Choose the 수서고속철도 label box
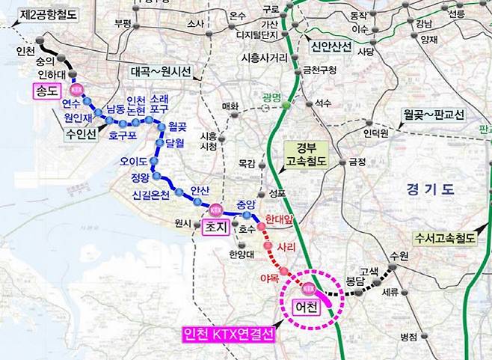446,240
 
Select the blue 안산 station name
200,191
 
